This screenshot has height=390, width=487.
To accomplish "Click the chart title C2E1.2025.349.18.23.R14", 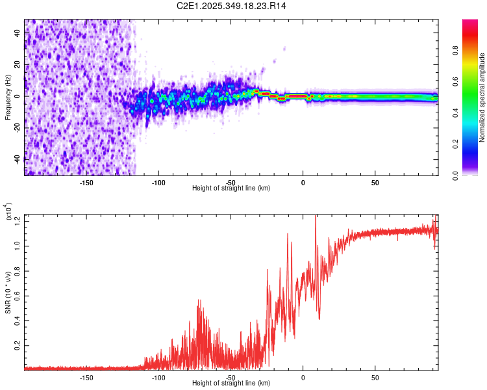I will (232, 6).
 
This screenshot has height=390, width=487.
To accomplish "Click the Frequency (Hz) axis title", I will (8, 97).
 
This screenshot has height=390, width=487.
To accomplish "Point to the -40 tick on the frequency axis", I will (18, 159).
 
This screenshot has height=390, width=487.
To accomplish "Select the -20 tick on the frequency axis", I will (18, 127).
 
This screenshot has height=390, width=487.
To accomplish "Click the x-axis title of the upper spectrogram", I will (231, 188).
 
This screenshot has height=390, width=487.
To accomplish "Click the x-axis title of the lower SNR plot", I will (231, 383).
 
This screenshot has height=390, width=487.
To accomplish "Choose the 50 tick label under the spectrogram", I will (375, 183).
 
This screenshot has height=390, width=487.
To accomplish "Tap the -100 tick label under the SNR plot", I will (158, 377).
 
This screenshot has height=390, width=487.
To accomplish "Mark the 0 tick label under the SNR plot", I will (303, 377).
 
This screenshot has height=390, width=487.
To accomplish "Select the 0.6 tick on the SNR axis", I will (18, 295).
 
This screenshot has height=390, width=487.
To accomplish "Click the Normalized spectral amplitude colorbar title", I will (482, 97).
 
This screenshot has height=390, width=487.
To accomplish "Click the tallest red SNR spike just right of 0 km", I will (316, 217).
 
